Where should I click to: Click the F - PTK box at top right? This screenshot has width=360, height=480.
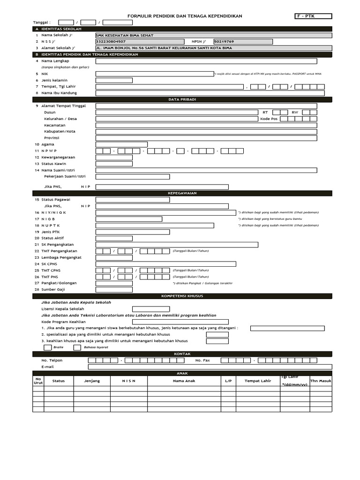[313, 16]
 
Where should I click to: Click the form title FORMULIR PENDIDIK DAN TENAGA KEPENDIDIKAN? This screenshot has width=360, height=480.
[185, 16]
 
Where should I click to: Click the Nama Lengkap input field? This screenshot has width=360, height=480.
[206, 61]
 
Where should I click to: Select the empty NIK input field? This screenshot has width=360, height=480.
[155, 74]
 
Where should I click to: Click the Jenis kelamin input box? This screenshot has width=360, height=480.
[114, 80]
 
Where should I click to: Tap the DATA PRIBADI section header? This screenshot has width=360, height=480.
[182, 99]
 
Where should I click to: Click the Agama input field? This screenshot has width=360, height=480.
[121, 144]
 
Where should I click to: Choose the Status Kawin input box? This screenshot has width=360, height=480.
[114, 164]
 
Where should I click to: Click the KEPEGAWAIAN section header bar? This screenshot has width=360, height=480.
[182, 193]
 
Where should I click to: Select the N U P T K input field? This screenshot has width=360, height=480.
[155, 225]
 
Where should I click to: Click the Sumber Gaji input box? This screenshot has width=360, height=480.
[114, 290]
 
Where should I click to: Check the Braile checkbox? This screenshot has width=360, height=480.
[47, 347]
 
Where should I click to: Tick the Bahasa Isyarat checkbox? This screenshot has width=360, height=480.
[77, 347]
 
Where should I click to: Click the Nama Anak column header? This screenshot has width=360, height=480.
[184, 381]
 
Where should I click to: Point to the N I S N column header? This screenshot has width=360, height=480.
[129, 381]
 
